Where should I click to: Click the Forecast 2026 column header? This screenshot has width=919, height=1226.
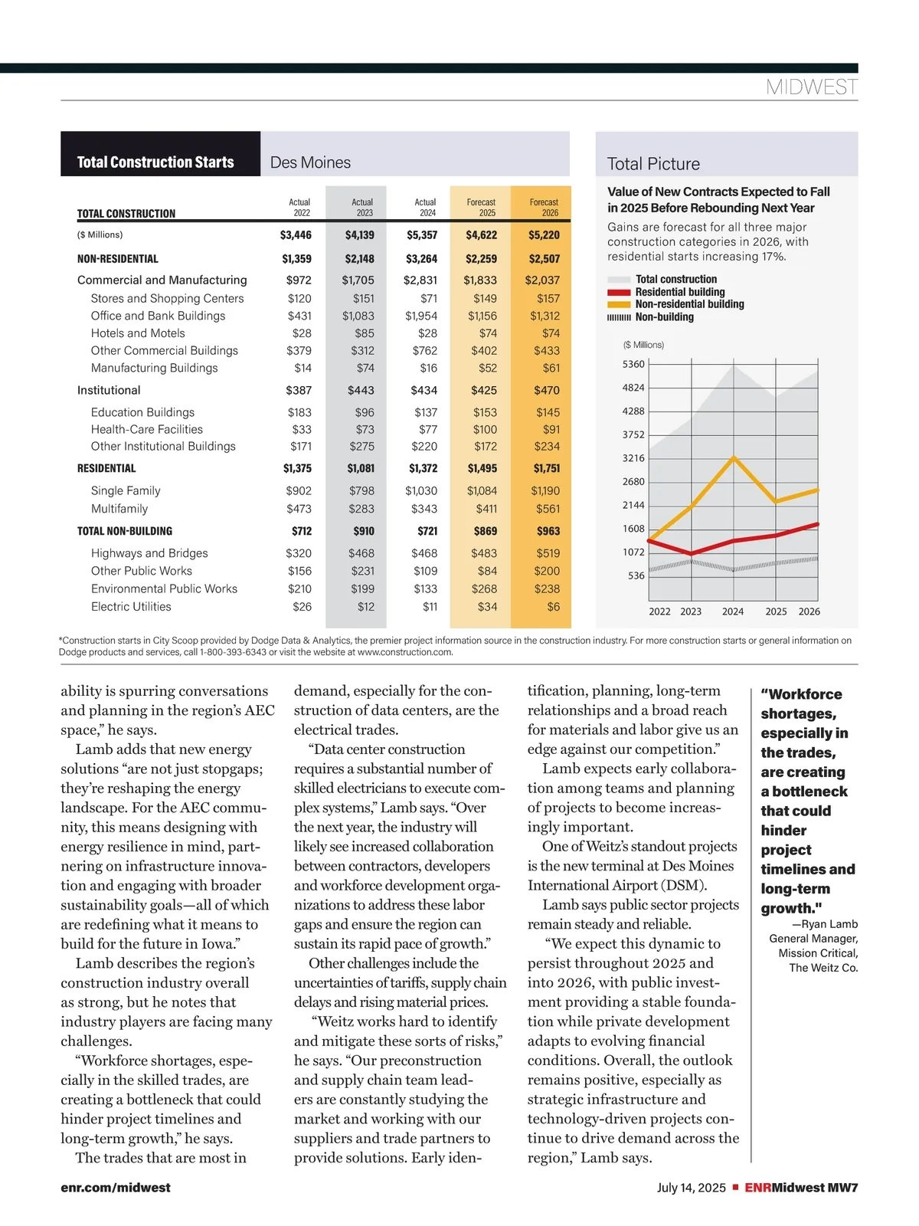[x=544, y=207]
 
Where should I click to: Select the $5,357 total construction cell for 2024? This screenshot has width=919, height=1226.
[x=422, y=235]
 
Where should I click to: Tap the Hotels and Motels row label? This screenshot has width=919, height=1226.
[x=138, y=333]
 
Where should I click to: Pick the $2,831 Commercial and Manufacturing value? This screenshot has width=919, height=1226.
[x=420, y=280]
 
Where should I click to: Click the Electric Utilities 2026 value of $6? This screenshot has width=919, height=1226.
[x=553, y=607]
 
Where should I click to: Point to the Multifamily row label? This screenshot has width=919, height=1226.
[x=119, y=509]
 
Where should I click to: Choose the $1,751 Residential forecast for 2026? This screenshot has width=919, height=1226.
[x=547, y=468]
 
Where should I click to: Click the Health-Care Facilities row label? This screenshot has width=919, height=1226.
[x=147, y=430]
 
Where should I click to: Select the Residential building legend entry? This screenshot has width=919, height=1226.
[x=679, y=292]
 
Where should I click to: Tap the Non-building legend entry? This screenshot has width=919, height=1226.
[x=664, y=317]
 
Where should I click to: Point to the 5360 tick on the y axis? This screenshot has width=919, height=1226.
[x=633, y=364]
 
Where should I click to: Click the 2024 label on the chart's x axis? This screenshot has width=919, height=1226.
[x=733, y=611]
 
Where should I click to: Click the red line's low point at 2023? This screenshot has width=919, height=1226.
[x=692, y=553]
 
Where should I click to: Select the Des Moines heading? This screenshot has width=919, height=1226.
[x=310, y=162]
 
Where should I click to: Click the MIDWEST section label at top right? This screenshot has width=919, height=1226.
[x=811, y=87]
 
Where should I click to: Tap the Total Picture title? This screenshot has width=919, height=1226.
[x=653, y=164]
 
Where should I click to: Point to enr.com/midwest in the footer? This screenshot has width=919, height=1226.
[x=116, y=1188]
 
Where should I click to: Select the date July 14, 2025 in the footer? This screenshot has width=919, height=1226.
[x=691, y=1188]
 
